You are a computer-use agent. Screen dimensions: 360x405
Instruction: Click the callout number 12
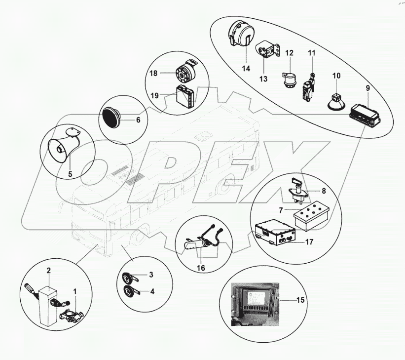290,52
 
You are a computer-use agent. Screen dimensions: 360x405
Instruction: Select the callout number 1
74,291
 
